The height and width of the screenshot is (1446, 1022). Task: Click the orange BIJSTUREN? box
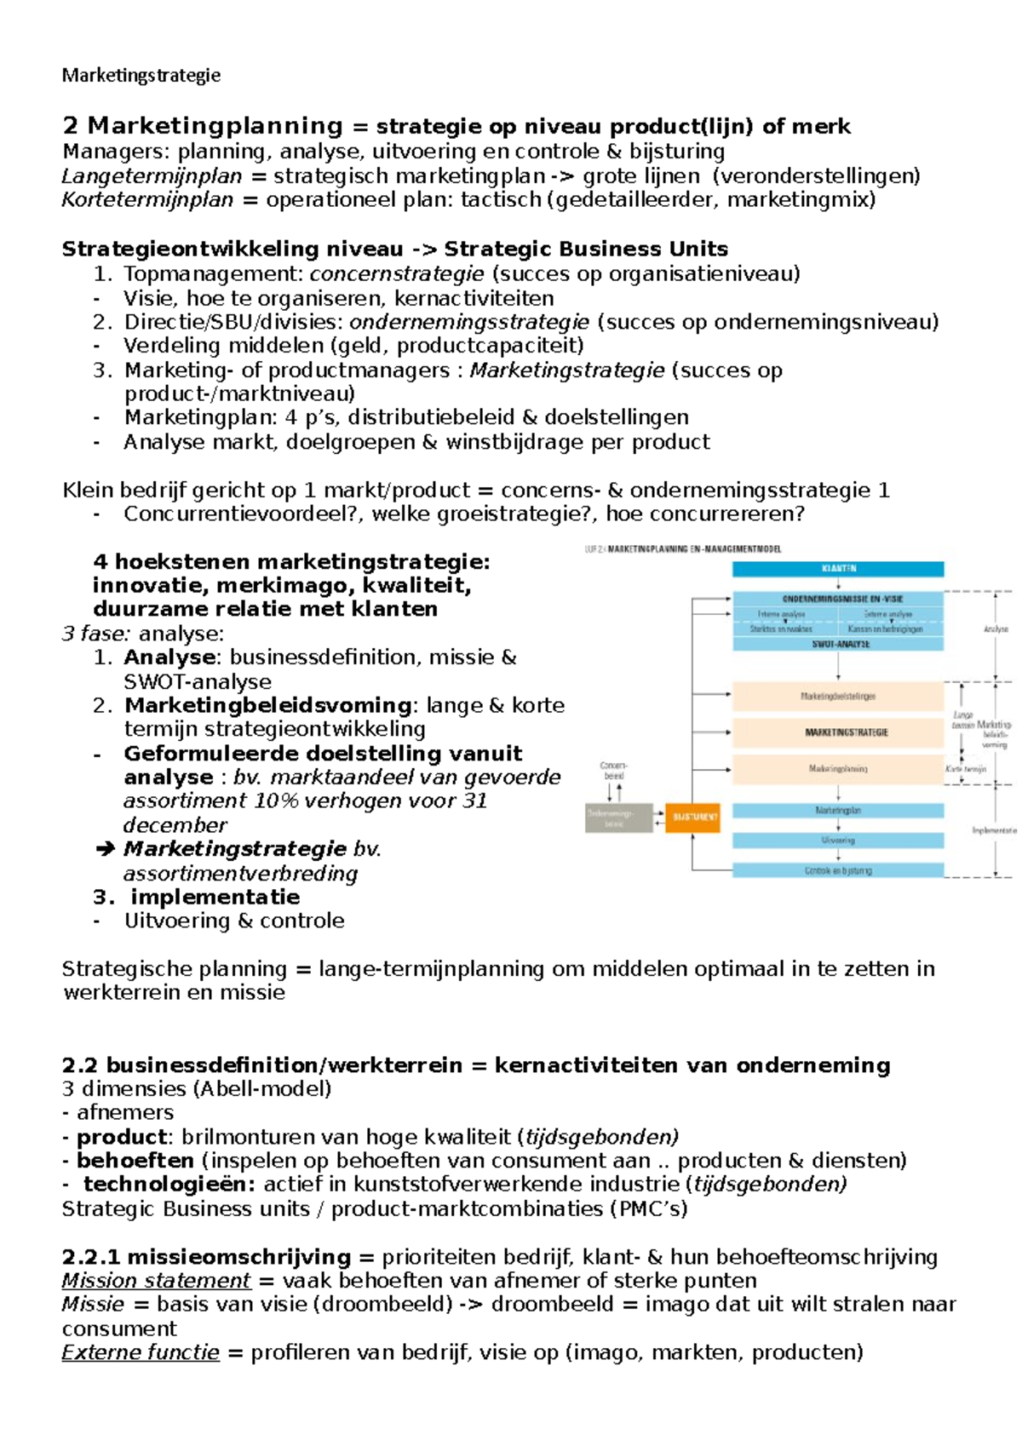(692, 817)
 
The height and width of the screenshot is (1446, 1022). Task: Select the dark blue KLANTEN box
(838, 568)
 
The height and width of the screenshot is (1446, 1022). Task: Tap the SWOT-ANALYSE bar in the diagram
(838, 645)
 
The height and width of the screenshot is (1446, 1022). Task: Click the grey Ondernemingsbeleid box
(618, 818)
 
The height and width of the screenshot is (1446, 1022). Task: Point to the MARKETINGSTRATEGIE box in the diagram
(838, 732)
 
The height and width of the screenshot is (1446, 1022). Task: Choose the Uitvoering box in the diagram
(838, 841)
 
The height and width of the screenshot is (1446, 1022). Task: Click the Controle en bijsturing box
(838, 870)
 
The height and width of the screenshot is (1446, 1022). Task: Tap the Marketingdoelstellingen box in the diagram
(838, 697)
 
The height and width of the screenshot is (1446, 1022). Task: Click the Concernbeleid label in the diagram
(613, 771)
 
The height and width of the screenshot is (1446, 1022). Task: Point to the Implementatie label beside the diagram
(994, 830)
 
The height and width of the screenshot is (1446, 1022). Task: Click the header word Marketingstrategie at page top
(141, 75)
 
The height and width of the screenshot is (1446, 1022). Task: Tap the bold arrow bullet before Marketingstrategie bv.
(105, 849)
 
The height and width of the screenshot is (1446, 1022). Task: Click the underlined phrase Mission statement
(156, 1281)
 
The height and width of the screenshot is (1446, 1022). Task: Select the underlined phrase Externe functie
(141, 1352)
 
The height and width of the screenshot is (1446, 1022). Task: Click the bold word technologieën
(169, 1185)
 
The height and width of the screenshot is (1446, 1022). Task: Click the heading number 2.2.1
(92, 1257)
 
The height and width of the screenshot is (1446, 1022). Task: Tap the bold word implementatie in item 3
(215, 897)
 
